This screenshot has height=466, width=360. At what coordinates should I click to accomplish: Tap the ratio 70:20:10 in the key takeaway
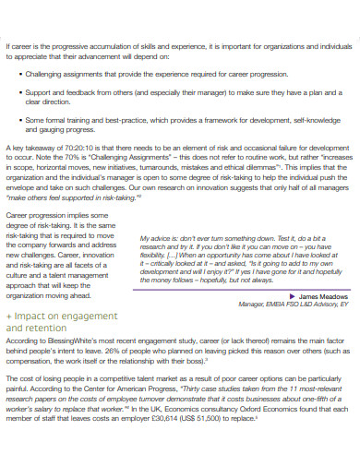tap(68, 145)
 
